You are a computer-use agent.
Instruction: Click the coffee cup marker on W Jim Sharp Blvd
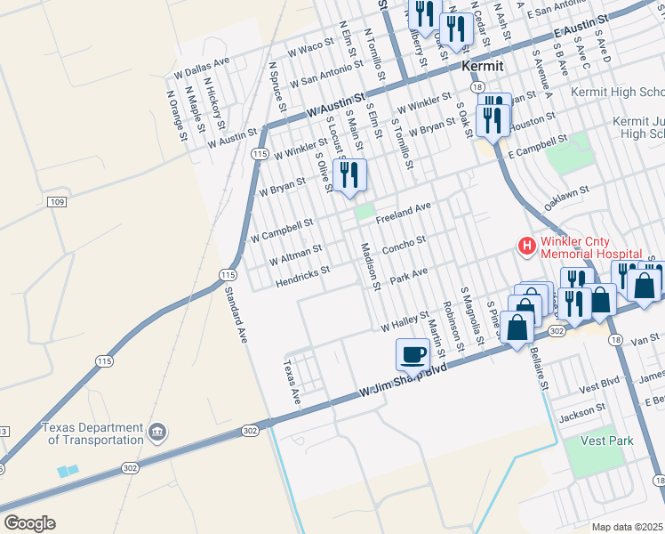coord(413,354)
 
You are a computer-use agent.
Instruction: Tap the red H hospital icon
coord(526,246)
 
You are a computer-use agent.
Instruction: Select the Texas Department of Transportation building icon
coord(157,433)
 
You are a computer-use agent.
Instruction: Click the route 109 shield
coord(58,203)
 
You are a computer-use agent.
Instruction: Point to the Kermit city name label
coord(483,67)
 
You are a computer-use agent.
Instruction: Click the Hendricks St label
coord(302,277)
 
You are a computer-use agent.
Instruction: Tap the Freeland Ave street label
coord(403,212)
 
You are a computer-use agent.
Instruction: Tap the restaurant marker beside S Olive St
coord(349,174)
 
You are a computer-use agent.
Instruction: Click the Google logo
coord(29,523)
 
